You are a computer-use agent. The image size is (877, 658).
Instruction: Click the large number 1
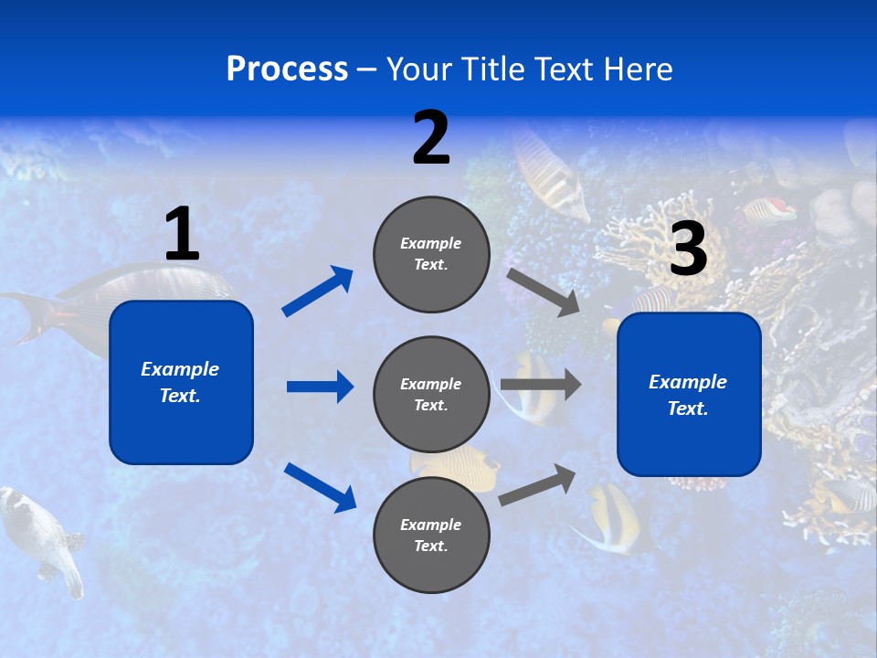(182, 234)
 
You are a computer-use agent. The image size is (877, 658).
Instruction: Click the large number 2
(431, 138)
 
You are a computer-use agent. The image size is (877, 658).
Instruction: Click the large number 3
(689, 249)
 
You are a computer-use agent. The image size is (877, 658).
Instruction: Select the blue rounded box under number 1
(181, 382)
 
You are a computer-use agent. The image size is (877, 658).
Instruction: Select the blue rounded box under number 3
(689, 395)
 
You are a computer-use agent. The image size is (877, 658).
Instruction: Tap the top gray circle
(431, 254)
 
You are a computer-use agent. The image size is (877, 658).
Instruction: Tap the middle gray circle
(431, 394)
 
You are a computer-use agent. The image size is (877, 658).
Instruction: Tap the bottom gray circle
(431, 535)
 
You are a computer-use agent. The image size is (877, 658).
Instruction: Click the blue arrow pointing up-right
(318, 291)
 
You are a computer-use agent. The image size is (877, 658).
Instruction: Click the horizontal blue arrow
(320, 387)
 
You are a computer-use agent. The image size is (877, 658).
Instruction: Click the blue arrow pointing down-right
(321, 487)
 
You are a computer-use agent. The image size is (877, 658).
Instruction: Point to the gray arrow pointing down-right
(544, 292)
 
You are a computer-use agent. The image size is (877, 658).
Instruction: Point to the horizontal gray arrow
(541, 385)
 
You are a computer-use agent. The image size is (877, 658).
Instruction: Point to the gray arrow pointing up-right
(538, 483)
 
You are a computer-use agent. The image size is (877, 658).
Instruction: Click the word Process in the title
(287, 69)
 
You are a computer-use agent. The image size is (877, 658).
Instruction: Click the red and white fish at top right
(769, 210)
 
